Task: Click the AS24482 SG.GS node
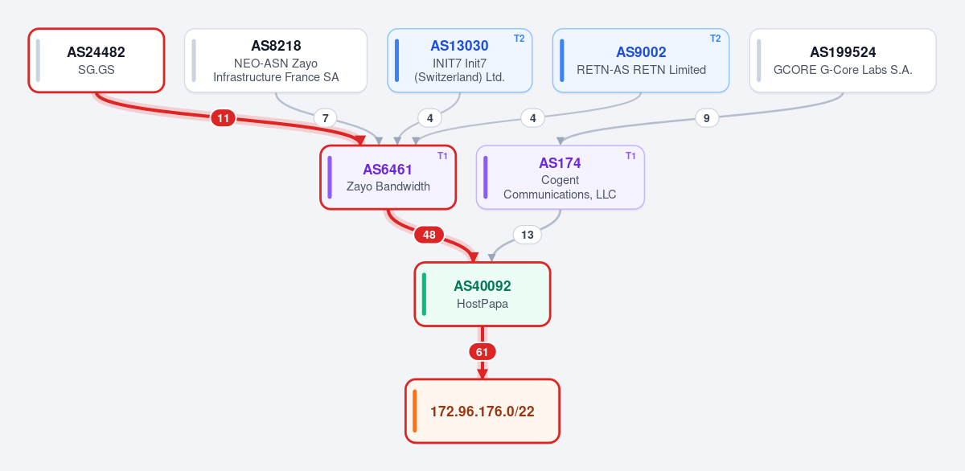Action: click(x=96, y=60)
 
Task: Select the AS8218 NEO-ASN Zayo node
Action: click(x=276, y=60)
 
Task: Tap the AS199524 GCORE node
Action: click(x=843, y=60)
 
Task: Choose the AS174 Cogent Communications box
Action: click(x=560, y=178)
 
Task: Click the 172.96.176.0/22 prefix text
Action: click(x=482, y=412)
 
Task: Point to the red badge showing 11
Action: click(x=224, y=118)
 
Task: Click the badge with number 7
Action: click(x=325, y=118)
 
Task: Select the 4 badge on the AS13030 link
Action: click(x=430, y=118)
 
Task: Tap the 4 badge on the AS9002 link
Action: click(x=533, y=118)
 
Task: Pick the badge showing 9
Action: click(x=707, y=118)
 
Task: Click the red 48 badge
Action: click(x=429, y=235)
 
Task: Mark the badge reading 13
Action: click(x=528, y=235)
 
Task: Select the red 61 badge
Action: click(x=482, y=352)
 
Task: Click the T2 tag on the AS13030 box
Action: click(x=519, y=39)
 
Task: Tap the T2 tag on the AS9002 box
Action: click(x=715, y=39)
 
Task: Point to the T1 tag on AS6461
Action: click(x=442, y=156)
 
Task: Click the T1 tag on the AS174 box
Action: click(x=630, y=156)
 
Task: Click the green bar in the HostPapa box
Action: click(x=424, y=294)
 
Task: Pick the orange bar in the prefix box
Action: click(x=414, y=411)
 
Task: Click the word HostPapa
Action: click(x=482, y=304)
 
